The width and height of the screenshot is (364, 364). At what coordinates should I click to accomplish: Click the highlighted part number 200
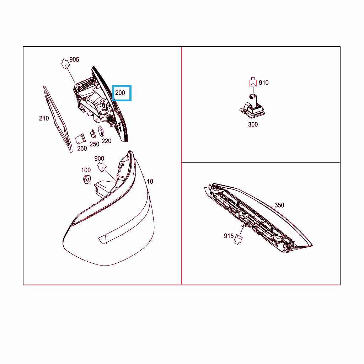click(x=120, y=93)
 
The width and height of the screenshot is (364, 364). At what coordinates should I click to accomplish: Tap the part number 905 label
click(x=74, y=60)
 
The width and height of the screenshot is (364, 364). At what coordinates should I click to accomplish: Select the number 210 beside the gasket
click(x=44, y=118)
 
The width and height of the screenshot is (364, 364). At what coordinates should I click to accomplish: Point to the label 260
click(x=82, y=148)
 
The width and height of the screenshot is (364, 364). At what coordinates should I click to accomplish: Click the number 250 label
click(x=95, y=144)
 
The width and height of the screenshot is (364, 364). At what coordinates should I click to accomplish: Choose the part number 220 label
click(x=107, y=141)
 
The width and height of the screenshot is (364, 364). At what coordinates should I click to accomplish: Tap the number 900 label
click(x=99, y=159)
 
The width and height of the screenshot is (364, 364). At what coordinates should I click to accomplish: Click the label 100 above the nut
click(x=86, y=170)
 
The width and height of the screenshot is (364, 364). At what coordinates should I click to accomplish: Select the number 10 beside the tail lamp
click(x=150, y=182)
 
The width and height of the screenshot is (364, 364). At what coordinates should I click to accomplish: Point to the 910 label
click(x=264, y=83)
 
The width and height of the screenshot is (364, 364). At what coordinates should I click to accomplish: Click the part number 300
click(x=253, y=124)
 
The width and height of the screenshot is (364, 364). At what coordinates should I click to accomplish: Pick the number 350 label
click(x=279, y=205)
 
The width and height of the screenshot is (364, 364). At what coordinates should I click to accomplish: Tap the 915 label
click(x=229, y=236)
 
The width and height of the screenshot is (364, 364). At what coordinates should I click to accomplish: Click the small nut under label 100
click(x=87, y=180)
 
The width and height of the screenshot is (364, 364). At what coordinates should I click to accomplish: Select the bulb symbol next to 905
click(x=65, y=64)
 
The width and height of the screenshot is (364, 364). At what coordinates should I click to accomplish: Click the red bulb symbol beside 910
click(x=253, y=82)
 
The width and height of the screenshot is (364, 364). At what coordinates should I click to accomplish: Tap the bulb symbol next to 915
click(x=238, y=239)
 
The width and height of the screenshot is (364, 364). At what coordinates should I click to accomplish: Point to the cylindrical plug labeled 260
click(x=80, y=139)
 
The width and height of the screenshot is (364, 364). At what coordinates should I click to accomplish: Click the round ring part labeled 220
click(x=101, y=132)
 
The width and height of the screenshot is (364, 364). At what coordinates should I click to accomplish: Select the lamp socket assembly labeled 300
click(x=252, y=107)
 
